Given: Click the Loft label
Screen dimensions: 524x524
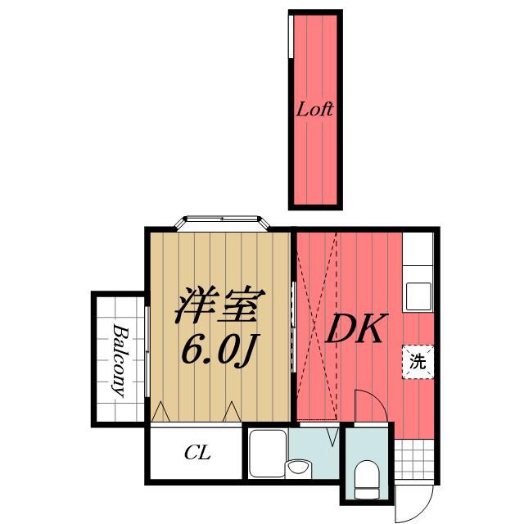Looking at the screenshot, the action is coord(314,109).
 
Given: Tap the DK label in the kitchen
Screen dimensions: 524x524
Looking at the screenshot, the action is coord(356,329).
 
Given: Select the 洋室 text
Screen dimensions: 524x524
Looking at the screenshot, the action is coord(220,305).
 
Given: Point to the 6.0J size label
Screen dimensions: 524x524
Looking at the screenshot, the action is coord(219,350).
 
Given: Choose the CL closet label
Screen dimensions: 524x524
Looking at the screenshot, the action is coord(197,453).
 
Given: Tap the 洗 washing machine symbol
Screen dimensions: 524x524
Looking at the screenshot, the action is coord(418,362).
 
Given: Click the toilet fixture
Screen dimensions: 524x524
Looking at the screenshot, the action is coord(367,479).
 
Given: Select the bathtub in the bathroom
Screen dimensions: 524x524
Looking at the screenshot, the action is coord(268,453).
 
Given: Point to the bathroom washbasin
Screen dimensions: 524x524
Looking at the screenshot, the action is coord(298,468).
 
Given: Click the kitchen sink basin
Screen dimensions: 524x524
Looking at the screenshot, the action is coord(418,296).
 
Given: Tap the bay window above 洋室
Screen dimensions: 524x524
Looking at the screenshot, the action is coord(223,224).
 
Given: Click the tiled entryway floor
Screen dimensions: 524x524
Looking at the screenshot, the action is coord(414,459).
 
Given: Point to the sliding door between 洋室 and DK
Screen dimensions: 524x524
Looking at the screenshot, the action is coord(293,327).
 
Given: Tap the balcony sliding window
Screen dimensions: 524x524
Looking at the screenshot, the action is coord(147,351).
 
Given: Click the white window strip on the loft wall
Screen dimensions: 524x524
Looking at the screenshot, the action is coord(291,37).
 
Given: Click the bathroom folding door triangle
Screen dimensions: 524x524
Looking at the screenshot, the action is coord(332,436).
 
